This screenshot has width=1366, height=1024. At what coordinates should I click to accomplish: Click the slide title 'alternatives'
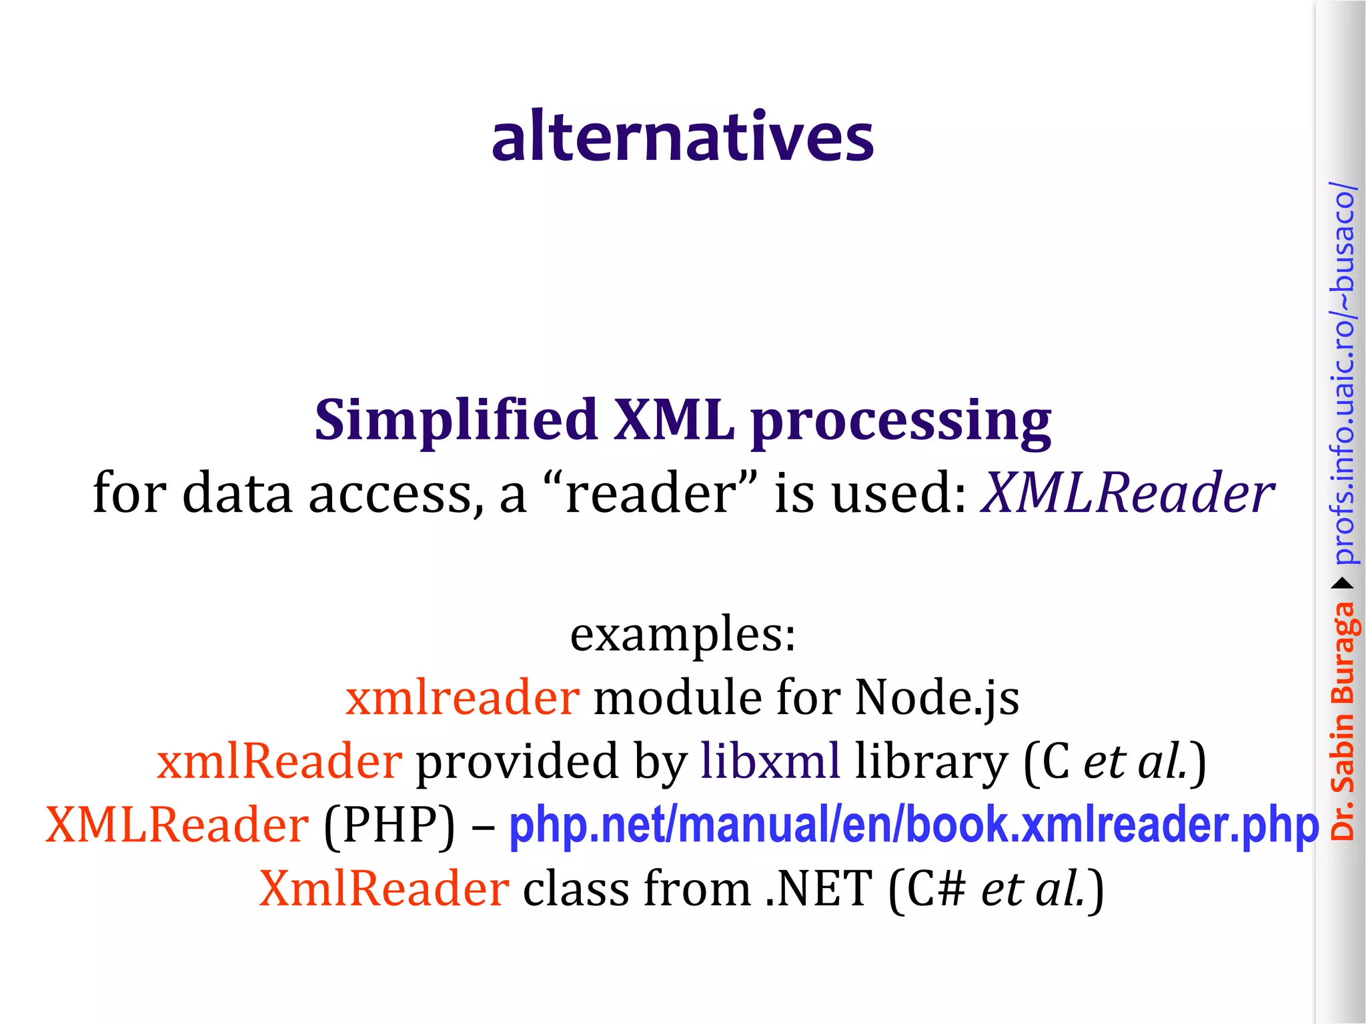pyautogui.click(x=682, y=137)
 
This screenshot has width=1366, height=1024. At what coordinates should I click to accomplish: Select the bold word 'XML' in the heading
pyautogui.click(x=674, y=420)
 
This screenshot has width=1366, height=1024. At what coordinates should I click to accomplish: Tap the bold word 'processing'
pyautogui.click(x=901, y=423)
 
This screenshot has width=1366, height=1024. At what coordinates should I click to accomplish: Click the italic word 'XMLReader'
pyautogui.click(x=1127, y=493)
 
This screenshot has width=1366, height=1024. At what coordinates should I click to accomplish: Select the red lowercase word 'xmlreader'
pyautogui.click(x=462, y=697)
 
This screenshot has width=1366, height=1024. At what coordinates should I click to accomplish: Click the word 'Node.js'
pyautogui.click(x=937, y=699)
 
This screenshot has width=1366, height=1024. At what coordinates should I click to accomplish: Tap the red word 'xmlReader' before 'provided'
pyautogui.click(x=279, y=761)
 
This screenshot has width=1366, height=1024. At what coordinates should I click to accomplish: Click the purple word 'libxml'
pyautogui.click(x=770, y=761)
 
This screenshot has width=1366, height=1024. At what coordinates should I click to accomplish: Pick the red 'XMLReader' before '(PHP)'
pyautogui.click(x=177, y=825)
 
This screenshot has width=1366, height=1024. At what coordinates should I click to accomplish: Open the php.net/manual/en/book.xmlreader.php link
pyautogui.click(x=914, y=825)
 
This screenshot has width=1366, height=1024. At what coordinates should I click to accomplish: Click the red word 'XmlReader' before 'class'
pyautogui.click(x=384, y=889)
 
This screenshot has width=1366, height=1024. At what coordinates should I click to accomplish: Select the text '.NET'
pyautogui.click(x=818, y=889)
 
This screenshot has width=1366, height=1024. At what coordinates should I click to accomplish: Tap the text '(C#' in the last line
pyautogui.click(x=927, y=889)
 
